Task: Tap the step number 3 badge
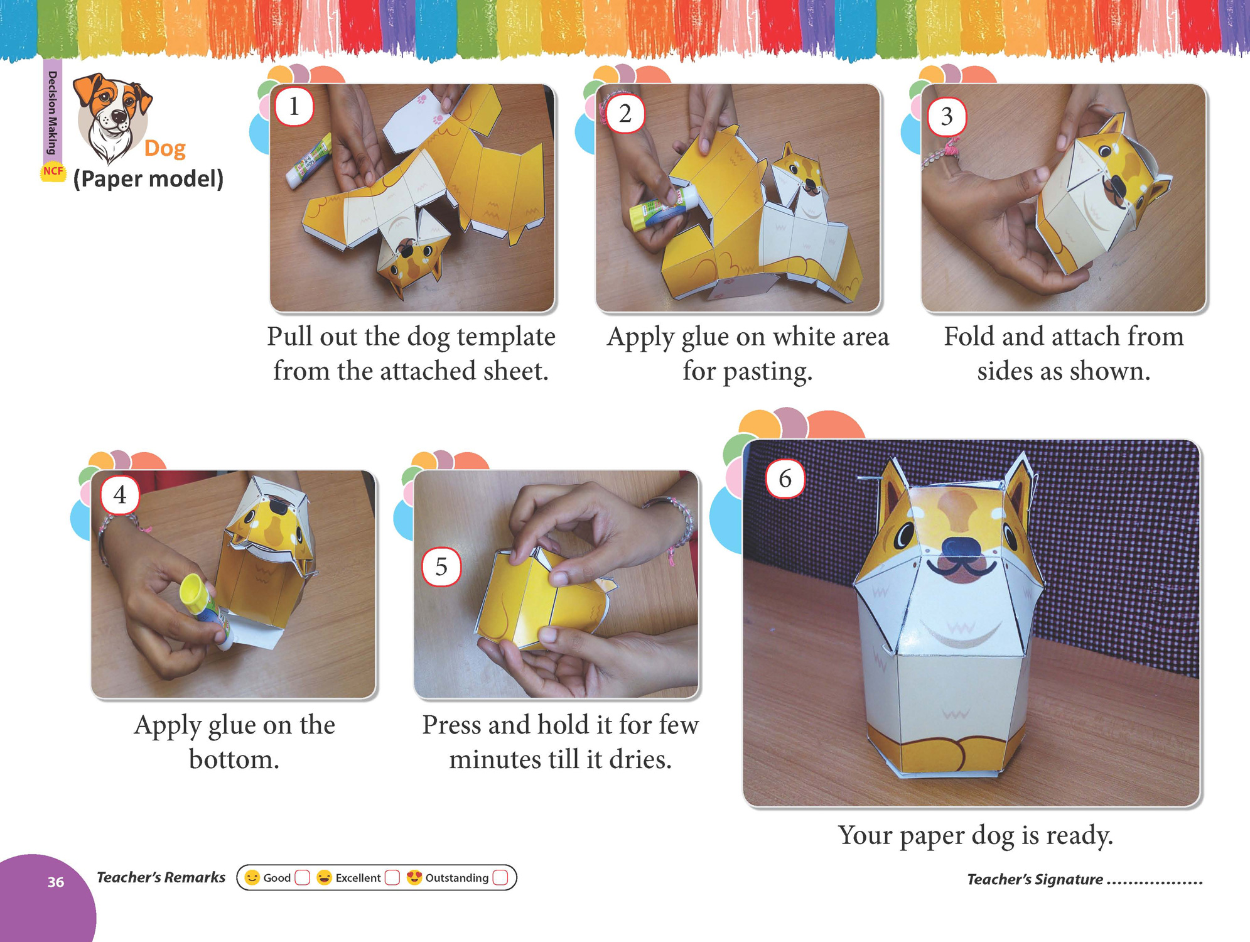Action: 947,116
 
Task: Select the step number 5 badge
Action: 441,566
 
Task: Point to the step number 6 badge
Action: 785,479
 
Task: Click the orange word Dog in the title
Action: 165,149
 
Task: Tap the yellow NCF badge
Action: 53,171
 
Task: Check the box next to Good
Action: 303,877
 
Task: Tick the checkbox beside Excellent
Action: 392,877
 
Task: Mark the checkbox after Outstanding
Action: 500,877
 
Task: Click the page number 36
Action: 56,882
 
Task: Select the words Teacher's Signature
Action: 1035,879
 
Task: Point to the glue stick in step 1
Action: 309,161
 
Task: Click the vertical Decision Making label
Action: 53,113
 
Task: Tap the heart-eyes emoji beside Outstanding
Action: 414,877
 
